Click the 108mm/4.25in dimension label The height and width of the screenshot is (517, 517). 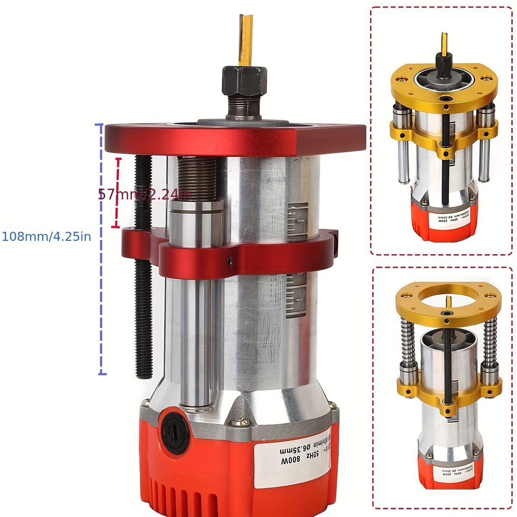point(47,236)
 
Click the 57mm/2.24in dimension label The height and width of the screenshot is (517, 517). point(144,194)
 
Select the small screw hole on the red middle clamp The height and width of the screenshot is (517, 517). point(230,260)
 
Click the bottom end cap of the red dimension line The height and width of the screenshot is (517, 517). point(115,226)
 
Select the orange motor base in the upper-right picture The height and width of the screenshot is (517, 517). point(444,224)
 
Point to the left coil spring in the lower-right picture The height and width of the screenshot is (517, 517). point(407,340)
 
